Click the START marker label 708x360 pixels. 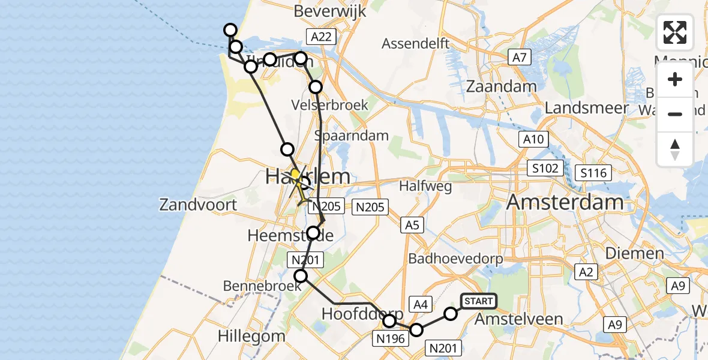click(x=478, y=301)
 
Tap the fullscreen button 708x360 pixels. click(x=675, y=32)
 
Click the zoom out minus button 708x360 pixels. click(x=675, y=114)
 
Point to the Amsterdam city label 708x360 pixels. click(x=565, y=202)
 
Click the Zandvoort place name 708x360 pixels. click(x=198, y=205)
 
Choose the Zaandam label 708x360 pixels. click(x=510, y=86)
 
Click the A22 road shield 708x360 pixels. click(x=319, y=37)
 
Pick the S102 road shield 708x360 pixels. click(x=544, y=168)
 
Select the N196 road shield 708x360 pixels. click(x=390, y=339)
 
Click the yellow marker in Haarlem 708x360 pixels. click(x=295, y=175)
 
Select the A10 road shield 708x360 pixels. click(x=533, y=140)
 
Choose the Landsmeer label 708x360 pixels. click(x=587, y=108)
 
